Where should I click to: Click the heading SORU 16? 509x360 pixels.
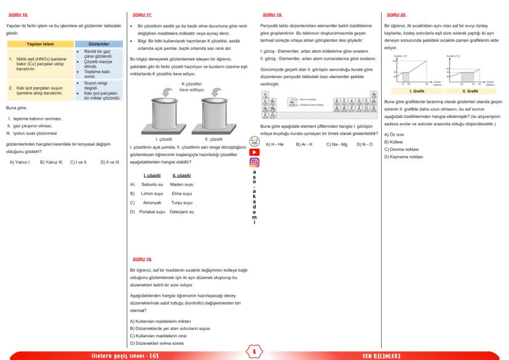coord(14,13)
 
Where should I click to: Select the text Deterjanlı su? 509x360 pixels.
coord(181,211)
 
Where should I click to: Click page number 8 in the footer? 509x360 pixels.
coord(254,352)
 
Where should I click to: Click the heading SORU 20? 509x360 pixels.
coord(390,13)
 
